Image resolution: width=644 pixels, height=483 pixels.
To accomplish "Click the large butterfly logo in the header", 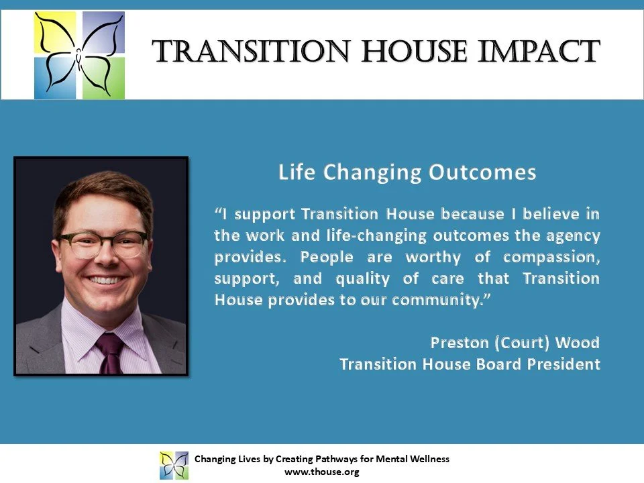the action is (x=79, y=55).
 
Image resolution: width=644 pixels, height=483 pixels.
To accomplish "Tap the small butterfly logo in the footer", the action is (x=174, y=466).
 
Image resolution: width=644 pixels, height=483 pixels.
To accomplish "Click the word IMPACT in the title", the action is (x=539, y=52).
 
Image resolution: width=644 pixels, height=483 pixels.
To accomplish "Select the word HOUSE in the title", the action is (x=415, y=52).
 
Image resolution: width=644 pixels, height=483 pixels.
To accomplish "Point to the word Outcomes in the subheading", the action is (x=482, y=172).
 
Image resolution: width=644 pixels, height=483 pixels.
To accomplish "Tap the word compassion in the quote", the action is (x=551, y=258).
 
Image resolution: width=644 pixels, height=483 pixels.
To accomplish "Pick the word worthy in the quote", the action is (x=433, y=258).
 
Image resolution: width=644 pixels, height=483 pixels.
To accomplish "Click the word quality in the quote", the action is (x=363, y=279).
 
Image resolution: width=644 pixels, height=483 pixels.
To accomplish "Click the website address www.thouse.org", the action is (x=322, y=472).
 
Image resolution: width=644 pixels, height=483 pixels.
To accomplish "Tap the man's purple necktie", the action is (x=109, y=353).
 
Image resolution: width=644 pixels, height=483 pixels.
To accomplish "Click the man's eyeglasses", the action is (x=103, y=244).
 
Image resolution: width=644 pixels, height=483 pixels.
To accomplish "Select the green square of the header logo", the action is (x=103, y=78).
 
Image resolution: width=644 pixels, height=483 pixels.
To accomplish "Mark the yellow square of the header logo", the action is (x=55, y=32).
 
